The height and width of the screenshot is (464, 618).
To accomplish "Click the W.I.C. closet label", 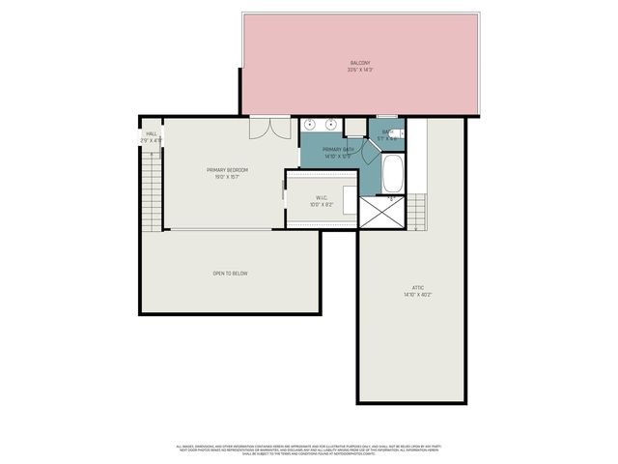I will [x=322, y=198].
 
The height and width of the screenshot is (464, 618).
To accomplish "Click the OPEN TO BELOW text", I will [x=231, y=274].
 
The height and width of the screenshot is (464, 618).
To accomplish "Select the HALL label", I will [x=151, y=134].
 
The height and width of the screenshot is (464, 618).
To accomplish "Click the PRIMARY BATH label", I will [x=330, y=149].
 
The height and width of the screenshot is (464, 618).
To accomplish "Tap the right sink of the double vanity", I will [x=331, y=125].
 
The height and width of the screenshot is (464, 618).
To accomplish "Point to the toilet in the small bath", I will [x=396, y=132].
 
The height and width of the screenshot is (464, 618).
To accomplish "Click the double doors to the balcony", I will [x=268, y=129].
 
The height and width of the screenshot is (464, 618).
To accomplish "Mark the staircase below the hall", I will [x=151, y=193].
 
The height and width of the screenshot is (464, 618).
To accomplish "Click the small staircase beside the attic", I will [x=416, y=211].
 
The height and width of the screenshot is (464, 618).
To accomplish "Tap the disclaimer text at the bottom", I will [x=309, y=449].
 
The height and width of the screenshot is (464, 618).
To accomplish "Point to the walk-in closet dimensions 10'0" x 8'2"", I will [x=322, y=205].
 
